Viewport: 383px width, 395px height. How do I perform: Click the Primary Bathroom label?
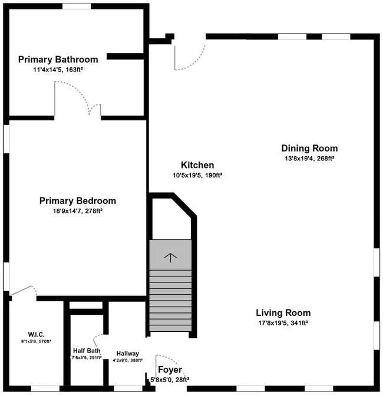(58, 59)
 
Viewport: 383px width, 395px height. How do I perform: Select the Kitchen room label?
(197, 165)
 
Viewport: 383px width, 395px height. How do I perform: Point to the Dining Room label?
(309, 148)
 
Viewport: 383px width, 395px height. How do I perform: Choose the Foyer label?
(170, 370)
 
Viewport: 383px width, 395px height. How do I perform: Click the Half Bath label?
(87, 350)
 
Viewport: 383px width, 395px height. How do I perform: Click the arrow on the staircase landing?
(170, 256)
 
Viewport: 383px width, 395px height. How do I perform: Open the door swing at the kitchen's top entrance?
(189, 56)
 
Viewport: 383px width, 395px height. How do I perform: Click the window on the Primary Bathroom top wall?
(77, 6)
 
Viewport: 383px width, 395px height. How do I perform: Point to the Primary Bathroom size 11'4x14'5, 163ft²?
(58, 70)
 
